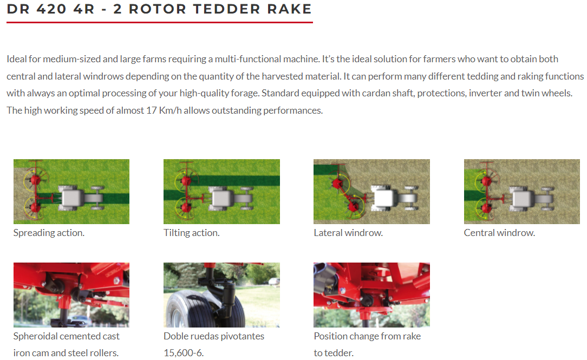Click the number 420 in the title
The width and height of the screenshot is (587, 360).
(51, 9)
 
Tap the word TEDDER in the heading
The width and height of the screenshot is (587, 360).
(226, 9)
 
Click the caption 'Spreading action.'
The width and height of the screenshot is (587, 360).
(49, 233)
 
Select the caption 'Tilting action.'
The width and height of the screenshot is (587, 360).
(191, 233)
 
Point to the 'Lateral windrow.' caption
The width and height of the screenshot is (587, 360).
(348, 233)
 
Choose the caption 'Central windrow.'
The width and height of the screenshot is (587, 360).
(499, 233)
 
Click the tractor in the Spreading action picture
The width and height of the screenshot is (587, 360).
(82, 197)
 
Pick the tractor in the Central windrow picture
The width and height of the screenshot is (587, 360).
(532, 197)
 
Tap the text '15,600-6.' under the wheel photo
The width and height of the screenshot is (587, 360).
(184, 353)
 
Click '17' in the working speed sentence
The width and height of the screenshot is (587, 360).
(152, 110)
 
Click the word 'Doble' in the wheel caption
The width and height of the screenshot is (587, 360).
(175, 336)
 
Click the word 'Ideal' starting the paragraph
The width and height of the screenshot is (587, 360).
(16, 59)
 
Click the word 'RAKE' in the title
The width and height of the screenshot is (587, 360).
(289, 9)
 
